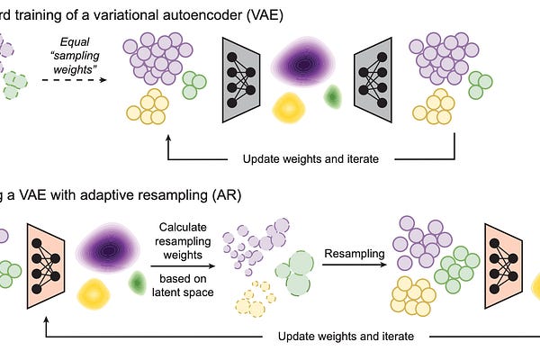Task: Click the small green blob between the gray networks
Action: (x=332, y=95)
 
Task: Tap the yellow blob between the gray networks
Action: (x=287, y=107)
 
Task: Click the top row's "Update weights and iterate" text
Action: (x=306, y=159)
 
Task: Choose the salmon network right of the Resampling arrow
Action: (x=504, y=260)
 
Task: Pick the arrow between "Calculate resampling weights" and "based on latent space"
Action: (x=184, y=268)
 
